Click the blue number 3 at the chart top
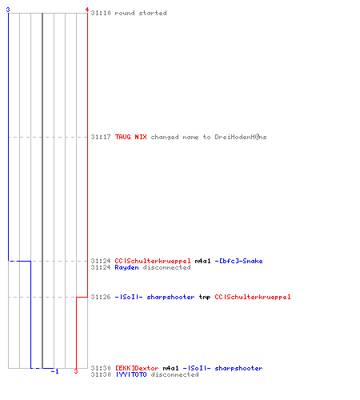point(8,10)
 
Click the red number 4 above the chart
point(87,10)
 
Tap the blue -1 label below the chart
point(54,371)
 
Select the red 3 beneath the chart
point(76,371)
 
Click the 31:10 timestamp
point(101,13)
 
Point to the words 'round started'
point(141,13)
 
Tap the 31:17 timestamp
point(101,137)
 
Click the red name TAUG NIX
point(130,137)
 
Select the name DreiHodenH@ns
point(241,137)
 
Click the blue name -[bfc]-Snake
point(238,261)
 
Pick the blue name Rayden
point(126,267)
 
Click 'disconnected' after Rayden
point(166,267)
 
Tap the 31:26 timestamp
point(101,297)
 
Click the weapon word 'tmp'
point(205,297)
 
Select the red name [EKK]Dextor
point(137,368)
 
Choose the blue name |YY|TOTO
point(130,374)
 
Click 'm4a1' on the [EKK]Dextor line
point(170,368)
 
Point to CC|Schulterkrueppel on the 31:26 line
point(253,297)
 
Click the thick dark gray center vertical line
point(42,190)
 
